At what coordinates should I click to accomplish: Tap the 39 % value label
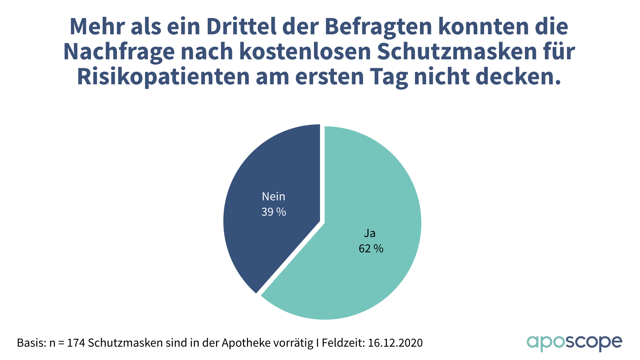pyautogui.click(x=274, y=212)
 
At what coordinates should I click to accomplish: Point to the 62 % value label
pyautogui.click(x=371, y=249)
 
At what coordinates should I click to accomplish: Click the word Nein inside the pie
pyautogui.click(x=273, y=197)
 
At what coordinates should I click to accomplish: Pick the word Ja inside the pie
pyautogui.click(x=370, y=233)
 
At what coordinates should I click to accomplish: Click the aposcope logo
pyautogui.click(x=574, y=343)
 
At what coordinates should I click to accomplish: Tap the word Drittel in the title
pyautogui.click(x=241, y=27)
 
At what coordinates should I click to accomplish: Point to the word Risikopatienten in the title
pyautogui.click(x=163, y=77)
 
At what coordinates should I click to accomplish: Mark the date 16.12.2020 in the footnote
pyautogui.click(x=395, y=343)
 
